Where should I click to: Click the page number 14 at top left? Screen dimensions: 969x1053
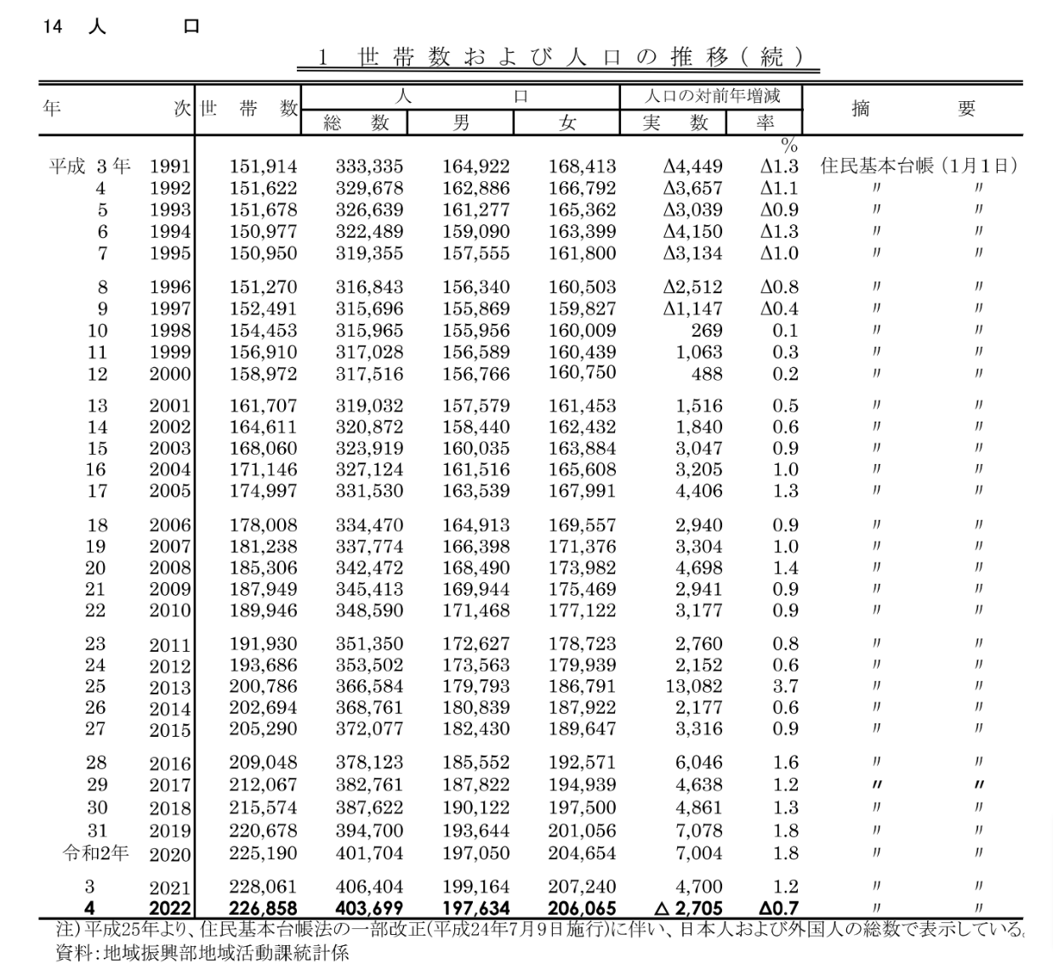pyautogui.click(x=52, y=26)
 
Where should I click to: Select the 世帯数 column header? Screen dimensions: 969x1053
pyautogui.click(x=249, y=109)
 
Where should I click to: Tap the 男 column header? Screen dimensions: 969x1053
pyautogui.click(x=461, y=122)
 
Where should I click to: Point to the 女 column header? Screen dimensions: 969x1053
pyautogui.click(x=567, y=122)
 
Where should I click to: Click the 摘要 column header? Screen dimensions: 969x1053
pyautogui.click(x=913, y=109)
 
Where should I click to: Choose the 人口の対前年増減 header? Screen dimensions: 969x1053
pyautogui.click(x=712, y=96)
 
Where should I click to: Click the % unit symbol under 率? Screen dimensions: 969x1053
pyautogui.click(x=789, y=146)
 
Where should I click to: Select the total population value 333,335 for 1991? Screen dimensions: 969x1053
pyautogui.click(x=369, y=167)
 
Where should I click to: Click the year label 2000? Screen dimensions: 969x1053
pyautogui.click(x=170, y=374)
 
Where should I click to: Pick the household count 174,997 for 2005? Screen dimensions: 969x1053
pyautogui.click(x=263, y=490)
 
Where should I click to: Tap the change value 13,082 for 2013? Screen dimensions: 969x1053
pyautogui.click(x=694, y=686)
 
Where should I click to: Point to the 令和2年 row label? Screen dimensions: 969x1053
pyautogui.click(x=96, y=852)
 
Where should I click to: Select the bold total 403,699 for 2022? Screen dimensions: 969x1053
pyautogui.click(x=369, y=909)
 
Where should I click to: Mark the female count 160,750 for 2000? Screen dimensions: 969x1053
pyautogui.click(x=582, y=372)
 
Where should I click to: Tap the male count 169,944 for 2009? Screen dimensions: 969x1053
pyautogui.click(x=475, y=589)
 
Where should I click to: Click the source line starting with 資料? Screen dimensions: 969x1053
pyautogui.click(x=202, y=953)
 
